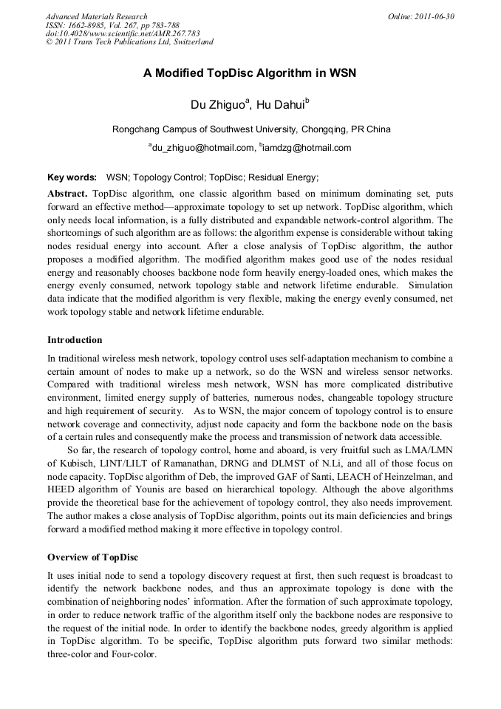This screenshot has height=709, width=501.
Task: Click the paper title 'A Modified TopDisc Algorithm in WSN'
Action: coord(250,74)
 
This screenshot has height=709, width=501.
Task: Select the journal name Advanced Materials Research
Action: coord(96,16)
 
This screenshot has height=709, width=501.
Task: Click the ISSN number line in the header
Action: coord(112,24)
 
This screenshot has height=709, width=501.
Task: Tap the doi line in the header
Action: coord(122,33)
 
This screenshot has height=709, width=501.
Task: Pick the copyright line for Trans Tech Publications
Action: coord(129,41)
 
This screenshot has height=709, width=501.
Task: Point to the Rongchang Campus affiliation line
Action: coord(251,129)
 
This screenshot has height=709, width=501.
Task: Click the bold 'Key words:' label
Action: coord(72,177)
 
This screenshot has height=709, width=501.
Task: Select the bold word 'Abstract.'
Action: coord(67,193)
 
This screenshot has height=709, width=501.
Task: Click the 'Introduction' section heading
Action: coord(75,340)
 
